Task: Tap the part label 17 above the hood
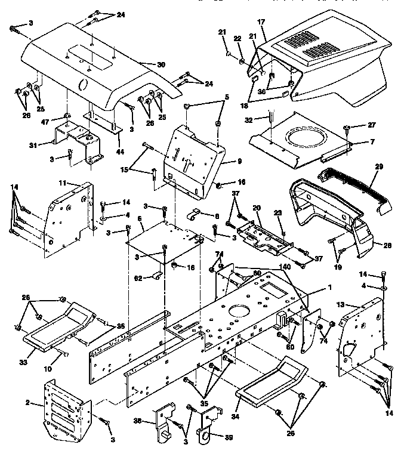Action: (x=261, y=22)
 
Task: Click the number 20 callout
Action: (x=257, y=208)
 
